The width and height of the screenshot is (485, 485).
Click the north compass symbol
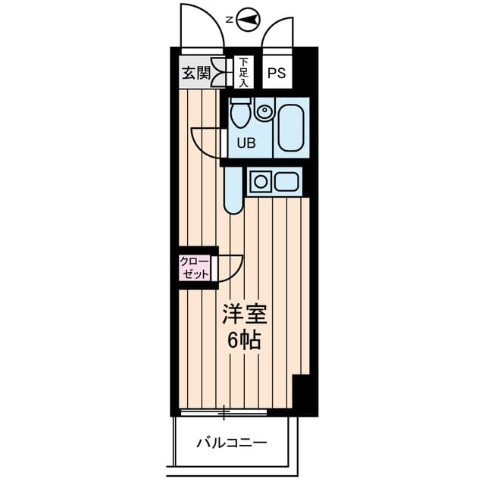(249, 20)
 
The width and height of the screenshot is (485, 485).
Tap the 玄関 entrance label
(196, 74)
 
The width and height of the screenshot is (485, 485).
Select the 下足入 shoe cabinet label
(244, 72)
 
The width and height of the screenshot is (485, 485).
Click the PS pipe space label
(277, 74)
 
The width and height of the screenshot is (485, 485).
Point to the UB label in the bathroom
(246, 142)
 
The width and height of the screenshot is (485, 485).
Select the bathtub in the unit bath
(290, 127)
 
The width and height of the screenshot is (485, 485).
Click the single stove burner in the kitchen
(261, 182)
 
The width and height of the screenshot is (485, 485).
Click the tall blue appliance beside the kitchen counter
(233, 191)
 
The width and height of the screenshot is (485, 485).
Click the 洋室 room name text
(244, 314)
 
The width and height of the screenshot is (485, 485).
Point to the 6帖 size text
(244, 340)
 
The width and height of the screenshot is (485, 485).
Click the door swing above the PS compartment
(277, 34)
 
